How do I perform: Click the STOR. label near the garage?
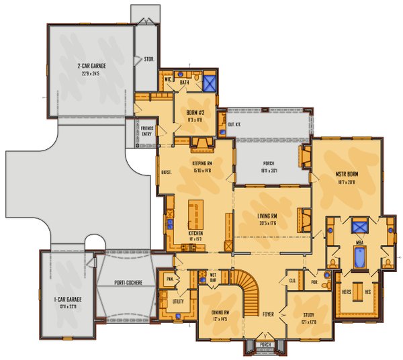(x=148, y=59)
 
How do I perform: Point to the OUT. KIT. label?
(x=235, y=124)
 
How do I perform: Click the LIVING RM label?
(x=267, y=216)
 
